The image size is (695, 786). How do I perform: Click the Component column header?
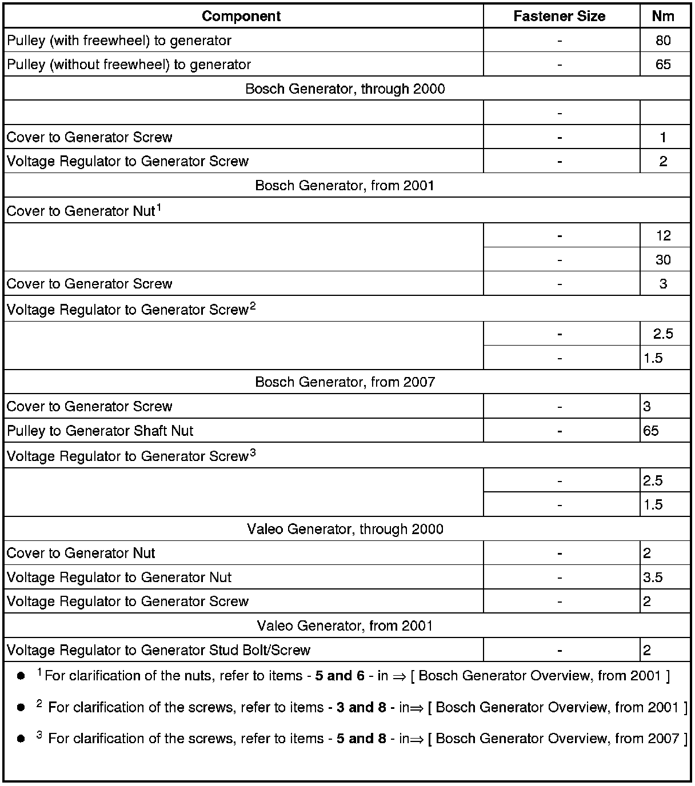point(241,16)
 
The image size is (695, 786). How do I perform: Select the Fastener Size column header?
point(559,16)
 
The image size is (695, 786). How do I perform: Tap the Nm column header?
point(663,16)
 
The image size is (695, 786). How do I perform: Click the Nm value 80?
point(663,41)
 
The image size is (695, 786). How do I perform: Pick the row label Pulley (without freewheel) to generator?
point(129,65)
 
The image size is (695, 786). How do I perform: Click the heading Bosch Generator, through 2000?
point(345,89)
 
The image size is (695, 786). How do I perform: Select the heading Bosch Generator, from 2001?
point(345,186)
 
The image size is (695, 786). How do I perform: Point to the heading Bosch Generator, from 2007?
point(345,382)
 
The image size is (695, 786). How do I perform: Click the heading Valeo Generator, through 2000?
point(345,529)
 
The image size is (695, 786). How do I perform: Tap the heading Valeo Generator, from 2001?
point(345,625)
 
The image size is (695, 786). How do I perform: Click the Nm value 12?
point(663,235)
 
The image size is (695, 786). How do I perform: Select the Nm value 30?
point(663,260)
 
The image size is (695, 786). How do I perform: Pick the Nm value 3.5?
point(653,578)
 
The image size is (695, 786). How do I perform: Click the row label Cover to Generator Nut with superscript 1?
point(83,211)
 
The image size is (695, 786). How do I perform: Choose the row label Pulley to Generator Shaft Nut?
point(100,431)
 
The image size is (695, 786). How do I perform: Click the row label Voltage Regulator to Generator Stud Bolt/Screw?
point(158,650)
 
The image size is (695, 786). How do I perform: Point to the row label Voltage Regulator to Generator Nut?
point(119,578)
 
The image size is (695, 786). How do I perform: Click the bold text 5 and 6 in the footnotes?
point(339,676)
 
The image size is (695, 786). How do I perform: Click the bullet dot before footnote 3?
point(21,739)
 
